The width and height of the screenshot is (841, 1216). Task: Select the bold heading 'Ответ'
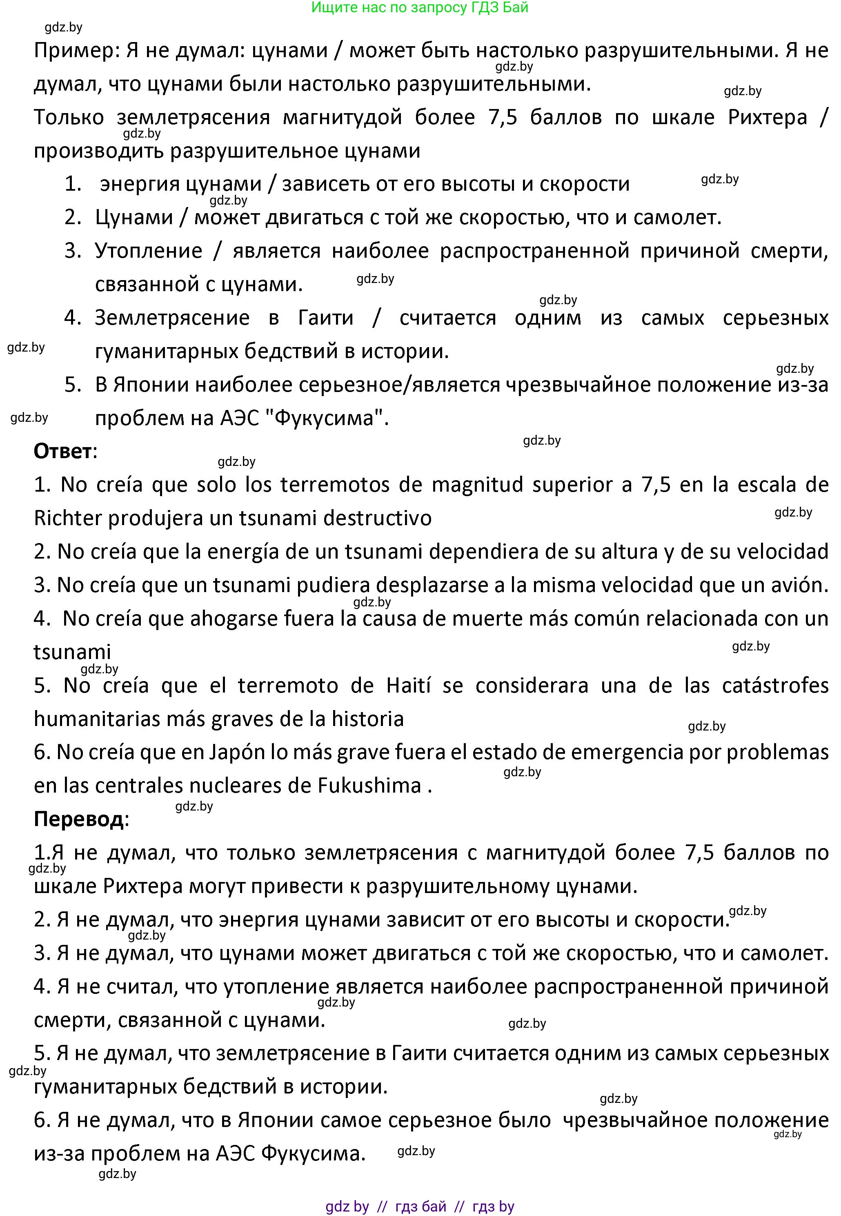62,452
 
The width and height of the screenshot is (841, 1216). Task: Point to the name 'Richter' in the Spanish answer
67,518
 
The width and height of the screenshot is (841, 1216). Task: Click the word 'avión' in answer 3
798,585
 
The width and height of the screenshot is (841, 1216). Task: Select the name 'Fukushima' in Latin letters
369,786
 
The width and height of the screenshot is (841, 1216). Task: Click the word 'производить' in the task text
98,151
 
